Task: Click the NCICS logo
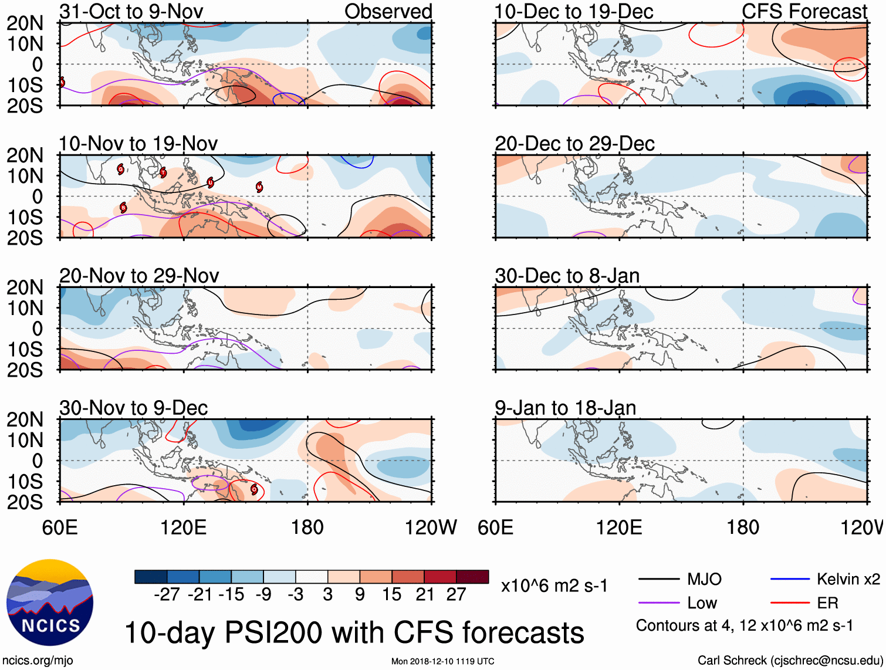(x=50, y=603)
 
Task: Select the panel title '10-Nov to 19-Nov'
(x=138, y=144)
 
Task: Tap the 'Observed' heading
(x=388, y=11)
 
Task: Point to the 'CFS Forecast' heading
(x=804, y=11)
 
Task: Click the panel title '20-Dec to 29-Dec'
(x=574, y=144)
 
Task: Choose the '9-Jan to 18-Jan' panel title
(x=565, y=408)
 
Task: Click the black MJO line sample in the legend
(x=660, y=580)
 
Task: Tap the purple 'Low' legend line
(x=660, y=603)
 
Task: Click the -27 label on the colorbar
(x=167, y=594)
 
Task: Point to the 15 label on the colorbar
(x=391, y=594)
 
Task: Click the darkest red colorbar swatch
(x=472, y=577)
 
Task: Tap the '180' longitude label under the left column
(x=307, y=527)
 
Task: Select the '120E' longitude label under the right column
(x=619, y=527)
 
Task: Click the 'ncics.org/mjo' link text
(x=38, y=661)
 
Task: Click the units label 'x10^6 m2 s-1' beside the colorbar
(x=554, y=586)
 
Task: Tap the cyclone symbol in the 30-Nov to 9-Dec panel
(x=254, y=489)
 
